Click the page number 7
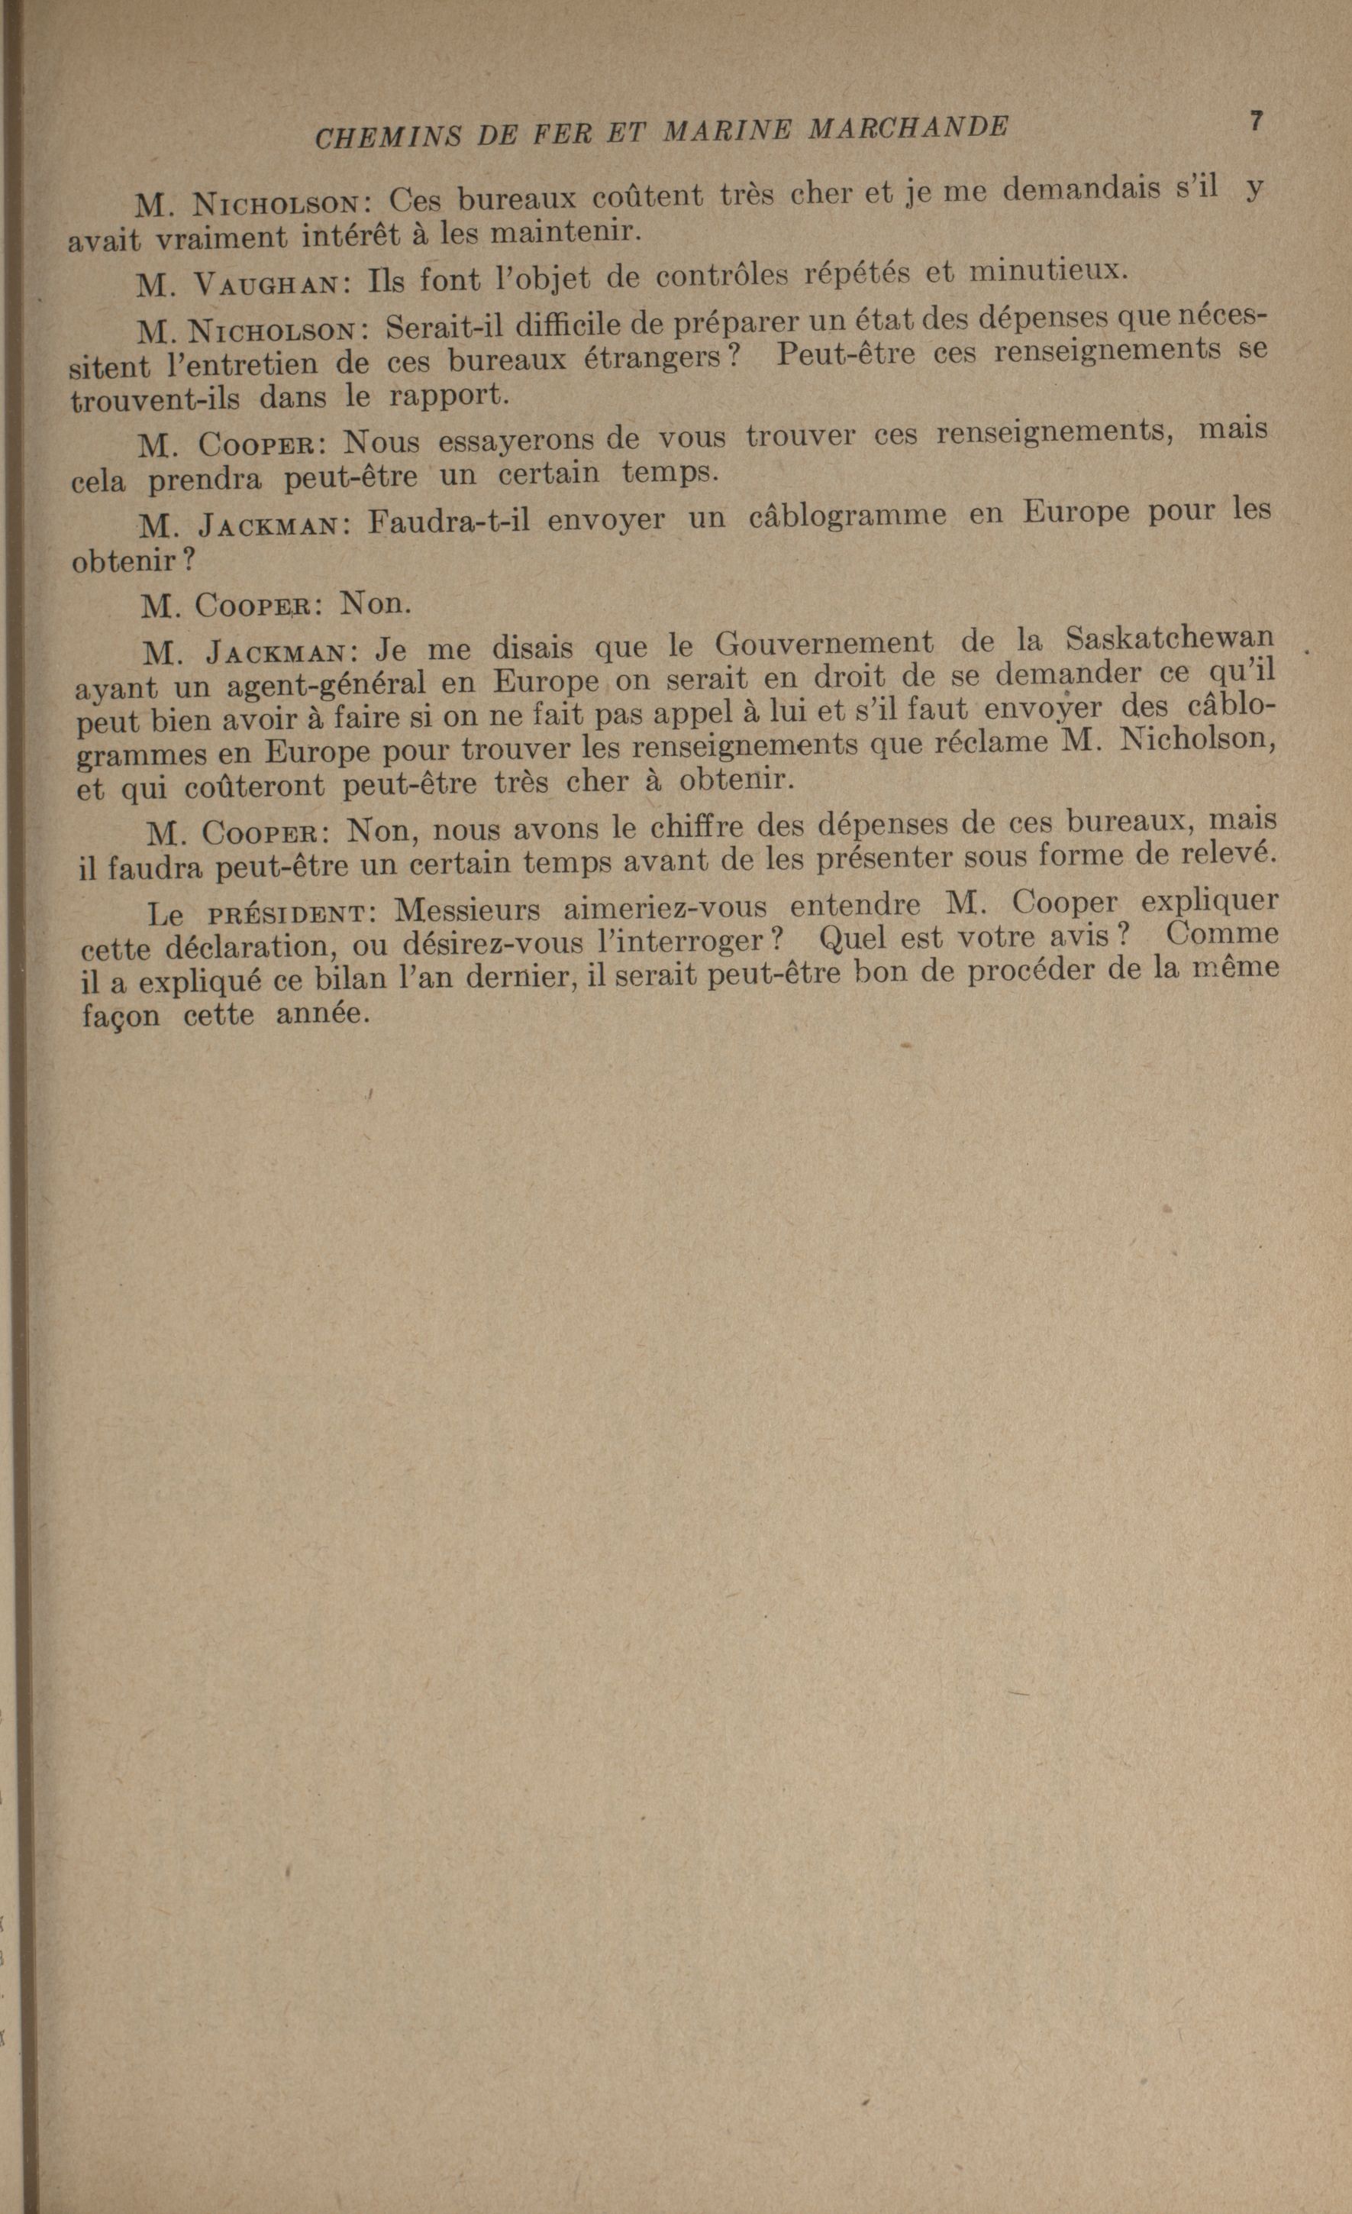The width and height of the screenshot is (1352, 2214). click(x=1256, y=122)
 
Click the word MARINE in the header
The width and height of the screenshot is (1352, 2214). click(x=727, y=131)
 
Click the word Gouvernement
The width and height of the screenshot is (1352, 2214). click(x=824, y=645)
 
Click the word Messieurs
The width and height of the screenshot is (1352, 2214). click(x=468, y=910)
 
